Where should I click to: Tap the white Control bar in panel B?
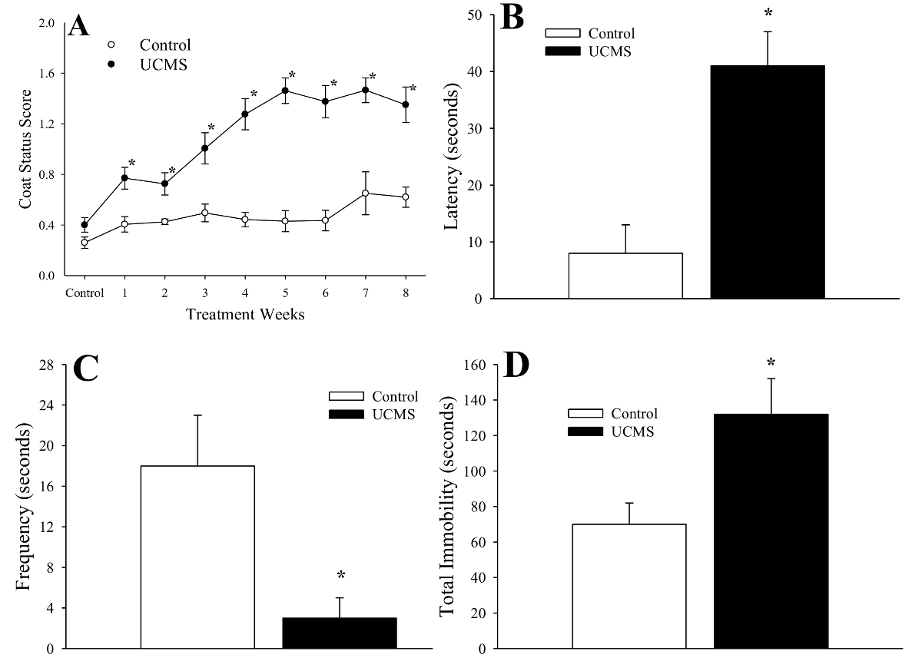coord(625,276)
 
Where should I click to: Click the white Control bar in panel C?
coord(197,557)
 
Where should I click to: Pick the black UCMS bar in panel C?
coord(340,633)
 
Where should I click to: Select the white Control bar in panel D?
coord(629,587)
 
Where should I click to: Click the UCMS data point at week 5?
coord(285,91)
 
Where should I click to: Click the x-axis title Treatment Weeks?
coord(244,316)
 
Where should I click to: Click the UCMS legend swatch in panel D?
coord(587,431)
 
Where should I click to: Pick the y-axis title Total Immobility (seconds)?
coord(448,506)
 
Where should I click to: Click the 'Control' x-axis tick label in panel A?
coord(85,293)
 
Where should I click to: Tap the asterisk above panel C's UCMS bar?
coord(340,576)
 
